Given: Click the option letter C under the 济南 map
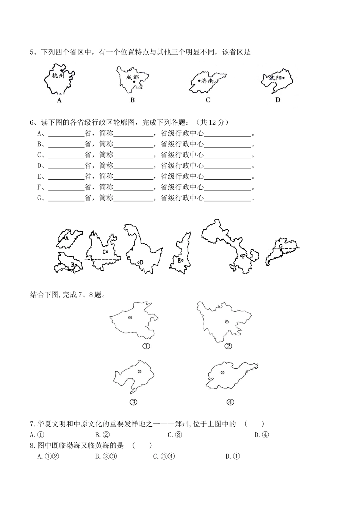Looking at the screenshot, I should [x=208, y=100].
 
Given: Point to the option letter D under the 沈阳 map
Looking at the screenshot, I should [x=278, y=100].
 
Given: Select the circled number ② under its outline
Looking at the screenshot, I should [x=228, y=346].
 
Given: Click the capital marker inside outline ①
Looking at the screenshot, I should [x=130, y=318].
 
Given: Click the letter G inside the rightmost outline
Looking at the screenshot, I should [x=281, y=247].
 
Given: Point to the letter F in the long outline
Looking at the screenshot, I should [x=244, y=256].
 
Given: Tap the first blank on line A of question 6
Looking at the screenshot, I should [x=66, y=134].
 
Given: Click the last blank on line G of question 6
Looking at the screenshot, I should [x=228, y=198].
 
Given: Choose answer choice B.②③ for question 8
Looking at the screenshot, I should [x=106, y=456].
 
